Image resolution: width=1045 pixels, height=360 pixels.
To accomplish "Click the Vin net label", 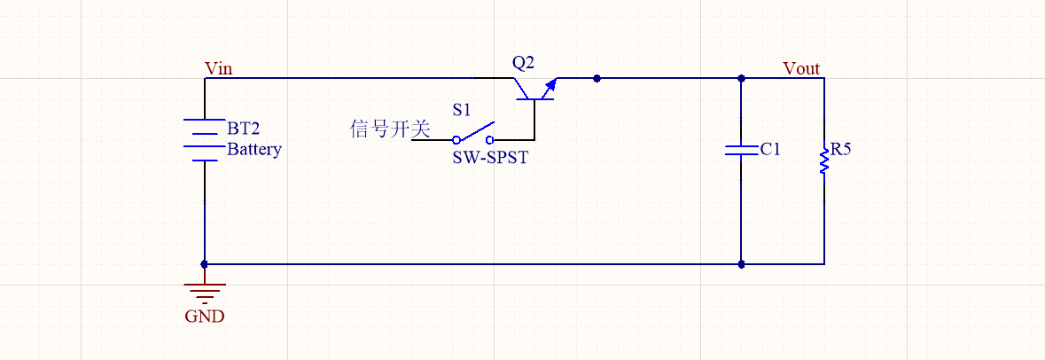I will click(219, 69).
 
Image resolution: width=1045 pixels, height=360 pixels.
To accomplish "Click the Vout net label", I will click(801, 69).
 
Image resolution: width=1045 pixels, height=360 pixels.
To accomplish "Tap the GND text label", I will click(205, 316).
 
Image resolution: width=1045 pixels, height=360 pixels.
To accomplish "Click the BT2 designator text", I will click(244, 128).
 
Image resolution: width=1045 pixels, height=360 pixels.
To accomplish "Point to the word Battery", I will click(254, 149).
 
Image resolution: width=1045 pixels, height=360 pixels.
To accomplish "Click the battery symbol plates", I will click(205, 140).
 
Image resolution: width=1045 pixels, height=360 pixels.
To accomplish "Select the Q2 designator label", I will click(524, 63).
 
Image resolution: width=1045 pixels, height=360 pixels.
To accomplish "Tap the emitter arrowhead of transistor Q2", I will click(551, 84).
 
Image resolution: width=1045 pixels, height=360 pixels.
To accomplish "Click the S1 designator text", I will click(463, 111).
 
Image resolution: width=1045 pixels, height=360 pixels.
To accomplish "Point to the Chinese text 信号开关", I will click(390, 129).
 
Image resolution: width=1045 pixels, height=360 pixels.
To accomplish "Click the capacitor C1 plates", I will click(741, 149).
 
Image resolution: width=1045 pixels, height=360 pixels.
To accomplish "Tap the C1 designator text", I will click(770, 149).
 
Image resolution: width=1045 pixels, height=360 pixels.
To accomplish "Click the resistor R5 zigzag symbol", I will click(824, 160).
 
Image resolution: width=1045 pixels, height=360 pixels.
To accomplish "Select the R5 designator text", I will click(842, 149).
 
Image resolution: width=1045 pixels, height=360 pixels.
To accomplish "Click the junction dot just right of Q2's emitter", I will click(597, 78).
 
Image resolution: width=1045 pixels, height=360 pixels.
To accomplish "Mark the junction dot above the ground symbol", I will click(205, 263).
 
